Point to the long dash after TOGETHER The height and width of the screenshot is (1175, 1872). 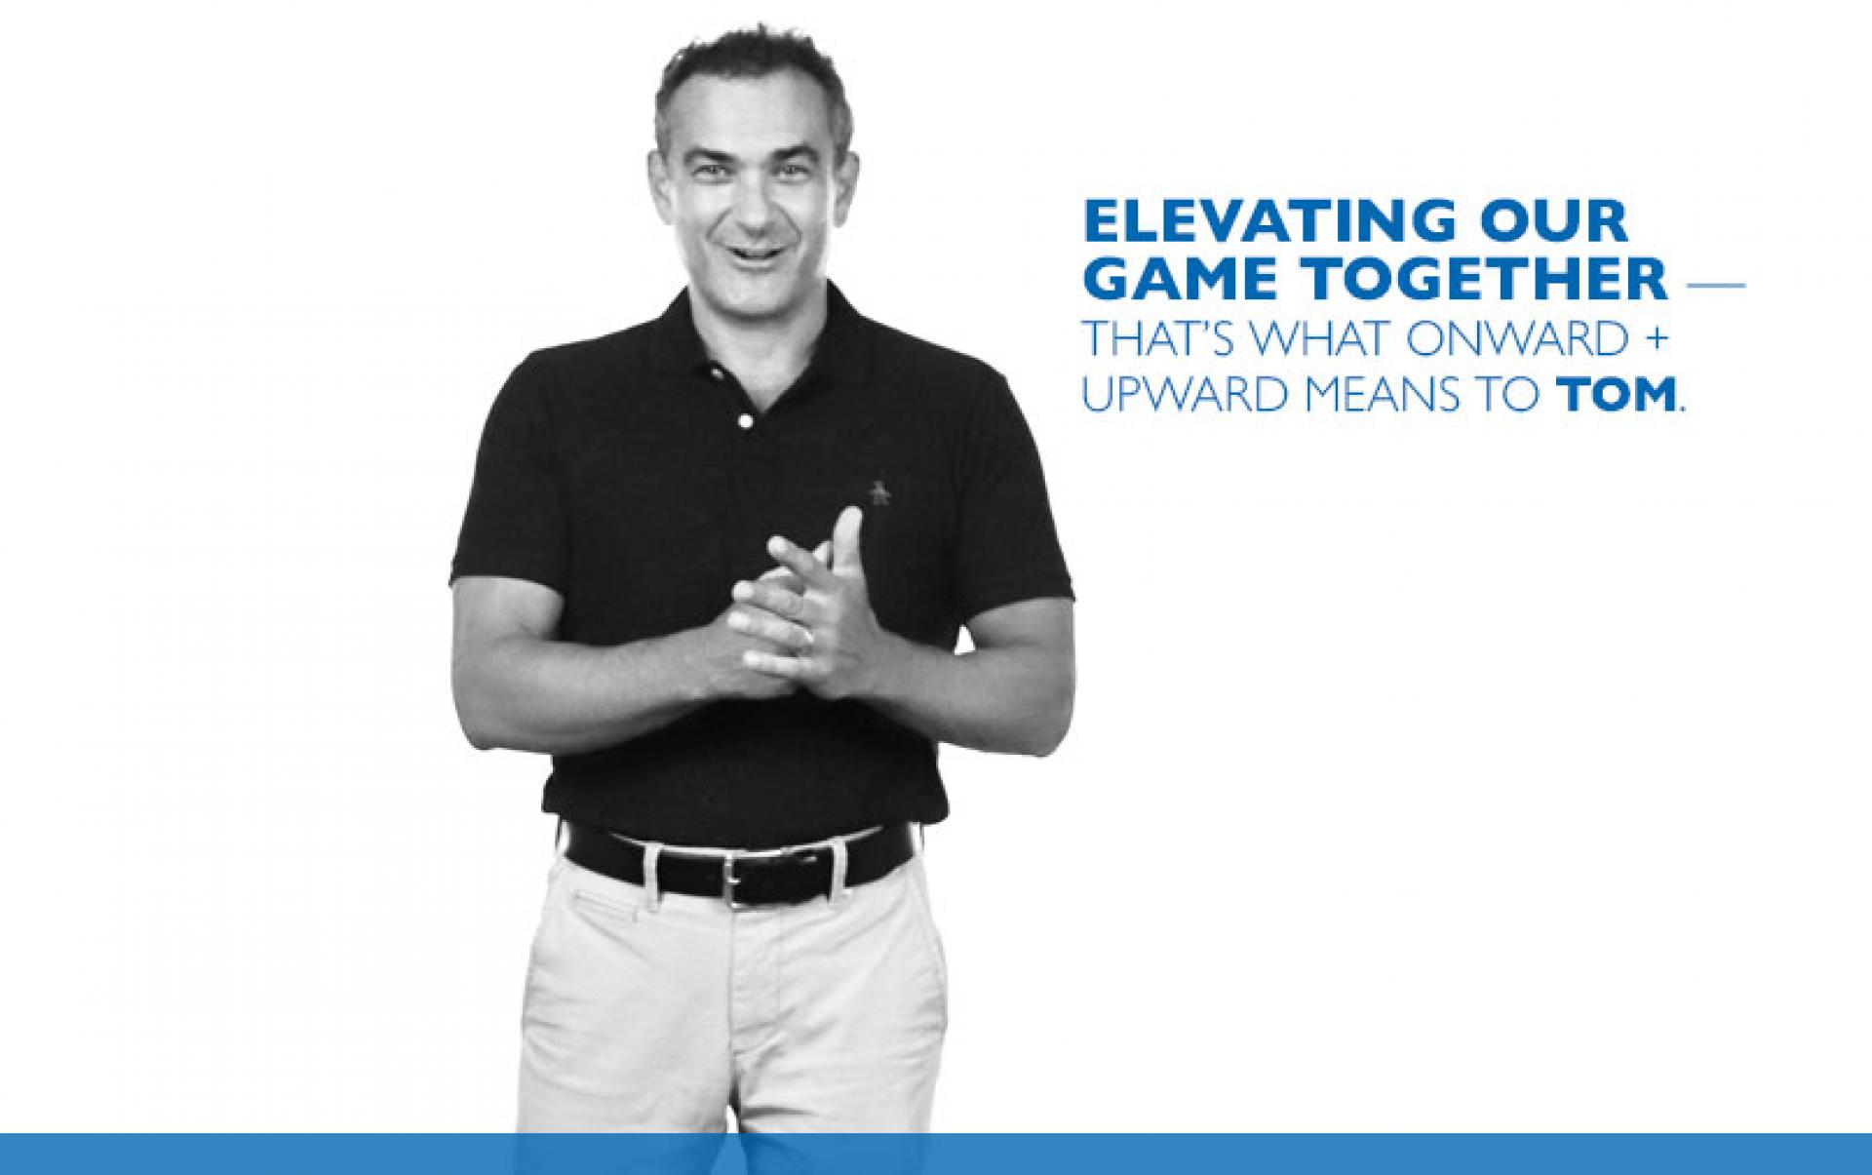point(1714,287)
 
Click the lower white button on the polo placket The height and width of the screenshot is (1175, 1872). point(746,421)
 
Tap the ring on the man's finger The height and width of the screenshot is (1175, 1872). point(806,638)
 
